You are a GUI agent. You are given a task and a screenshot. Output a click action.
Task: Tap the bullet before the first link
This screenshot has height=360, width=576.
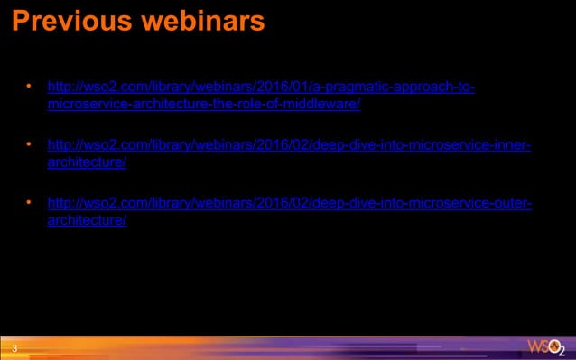click(29, 88)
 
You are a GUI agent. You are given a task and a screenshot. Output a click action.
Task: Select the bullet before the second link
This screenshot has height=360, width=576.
click(29, 144)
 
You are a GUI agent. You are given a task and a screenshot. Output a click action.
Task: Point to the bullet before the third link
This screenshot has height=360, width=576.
click(29, 202)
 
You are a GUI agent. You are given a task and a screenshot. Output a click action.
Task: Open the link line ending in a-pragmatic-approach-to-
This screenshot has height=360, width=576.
click(261, 88)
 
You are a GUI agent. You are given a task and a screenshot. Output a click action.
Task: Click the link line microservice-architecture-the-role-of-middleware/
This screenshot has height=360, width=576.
click(204, 104)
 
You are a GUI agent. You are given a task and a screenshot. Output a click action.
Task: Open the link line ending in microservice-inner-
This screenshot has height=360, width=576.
click(289, 145)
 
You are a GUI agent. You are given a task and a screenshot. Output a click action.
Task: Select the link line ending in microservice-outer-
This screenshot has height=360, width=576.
click(289, 203)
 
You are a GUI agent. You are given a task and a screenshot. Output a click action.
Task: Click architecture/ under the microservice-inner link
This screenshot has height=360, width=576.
click(87, 162)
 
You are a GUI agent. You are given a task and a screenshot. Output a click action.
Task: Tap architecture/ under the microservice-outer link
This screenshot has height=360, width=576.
click(87, 220)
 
